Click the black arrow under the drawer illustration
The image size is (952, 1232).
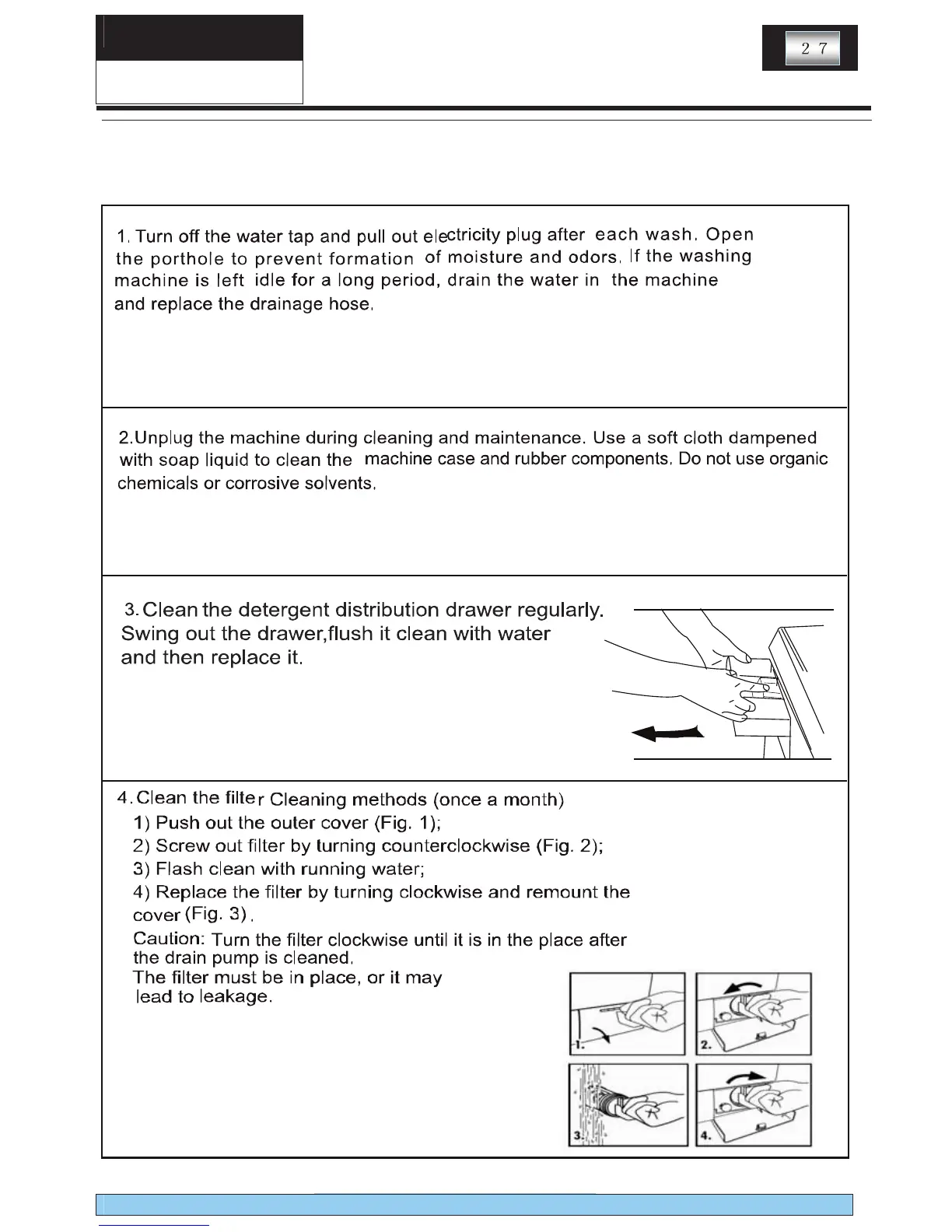(x=668, y=733)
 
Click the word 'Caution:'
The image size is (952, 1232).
(x=168, y=939)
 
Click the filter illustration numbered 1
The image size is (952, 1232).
(x=627, y=1013)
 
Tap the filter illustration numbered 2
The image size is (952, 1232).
(x=753, y=1013)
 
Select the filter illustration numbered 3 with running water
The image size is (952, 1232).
(x=627, y=1104)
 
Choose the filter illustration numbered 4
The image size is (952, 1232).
(x=753, y=1104)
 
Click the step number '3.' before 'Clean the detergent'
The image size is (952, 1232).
(x=132, y=607)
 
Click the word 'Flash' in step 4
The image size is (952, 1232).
(x=180, y=869)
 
